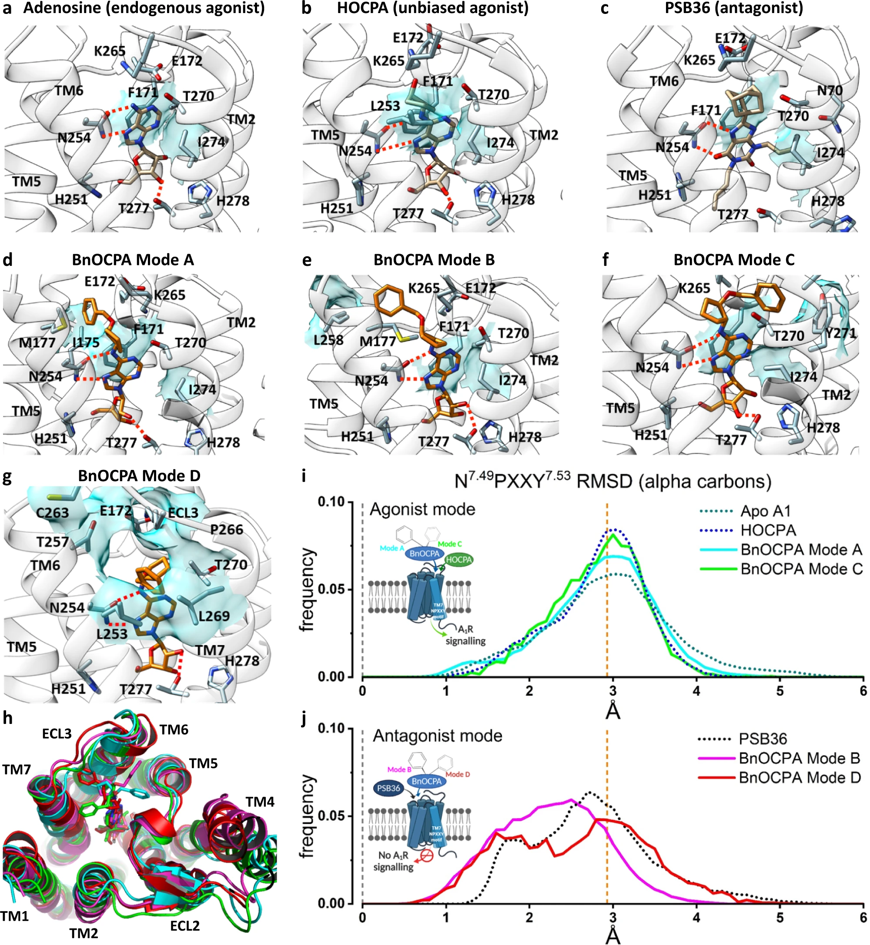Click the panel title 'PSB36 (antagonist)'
tap(733, 8)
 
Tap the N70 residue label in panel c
tap(830, 90)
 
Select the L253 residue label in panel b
tap(385, 106)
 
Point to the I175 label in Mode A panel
tap(86, 342)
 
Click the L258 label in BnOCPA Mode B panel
tap(328, 340)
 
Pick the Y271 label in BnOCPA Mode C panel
tap(840, 333)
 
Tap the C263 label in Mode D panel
tap(52, 513)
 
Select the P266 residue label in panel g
tap(227, 529)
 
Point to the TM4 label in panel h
tap(260, 802)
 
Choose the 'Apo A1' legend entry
tap(765, 511)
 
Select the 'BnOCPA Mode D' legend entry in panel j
tap(800, 777)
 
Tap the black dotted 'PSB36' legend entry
tap(763, 739)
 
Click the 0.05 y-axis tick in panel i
tap(332, 590)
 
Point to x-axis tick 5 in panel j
tap(780, 917)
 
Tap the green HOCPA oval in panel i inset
tap(458, 560)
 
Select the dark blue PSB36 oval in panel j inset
tap(388, 788)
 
